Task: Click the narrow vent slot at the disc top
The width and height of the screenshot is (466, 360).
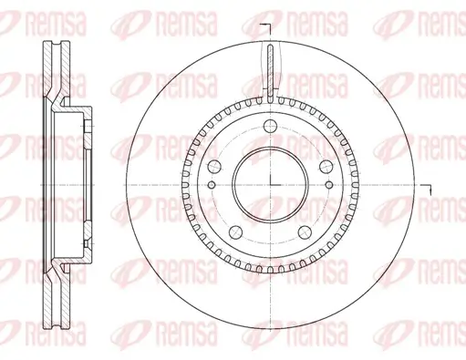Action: point(270,68)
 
